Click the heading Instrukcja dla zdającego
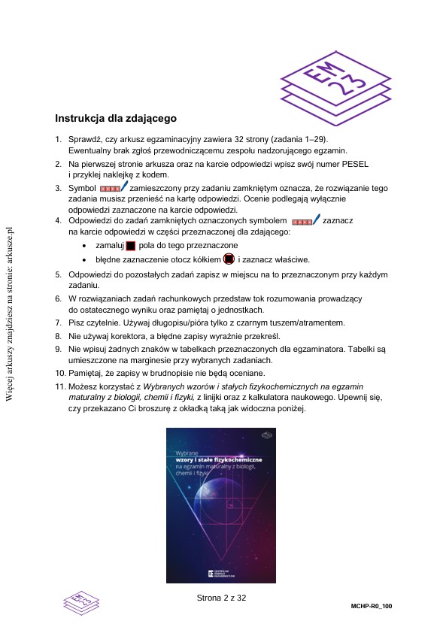tap(116, 119)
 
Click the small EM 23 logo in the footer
tap(82, 601)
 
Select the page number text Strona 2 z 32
tap(221, 598)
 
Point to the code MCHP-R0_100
tap(372, 605)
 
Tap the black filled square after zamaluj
tap(130, 246)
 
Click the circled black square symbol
tap(229, 259)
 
